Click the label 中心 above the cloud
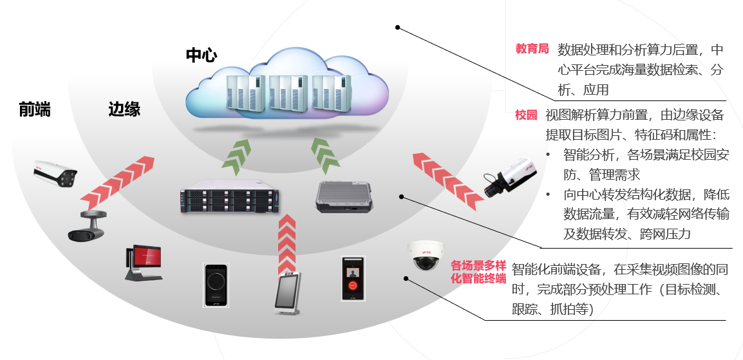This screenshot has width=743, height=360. (x=201, y=55)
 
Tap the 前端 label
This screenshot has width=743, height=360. (x=35, y=110)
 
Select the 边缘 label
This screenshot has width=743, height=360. (x=124, y=110)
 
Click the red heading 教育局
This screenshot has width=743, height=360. (x=532, y=49)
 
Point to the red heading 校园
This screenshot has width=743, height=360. (x=525, y=115)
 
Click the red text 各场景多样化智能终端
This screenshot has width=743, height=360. (x=478, y=272)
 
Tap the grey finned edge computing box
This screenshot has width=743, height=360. (x=344, y=197)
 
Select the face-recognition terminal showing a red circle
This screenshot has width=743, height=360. (x=352, y=278)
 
